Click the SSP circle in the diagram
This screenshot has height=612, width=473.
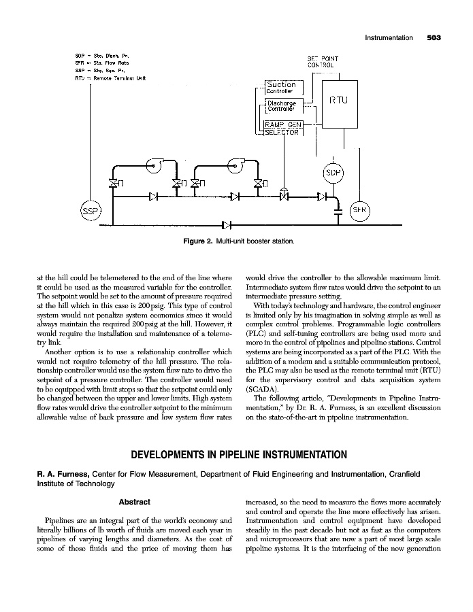tap(90, 211)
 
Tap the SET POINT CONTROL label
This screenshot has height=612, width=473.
tap(323, 62)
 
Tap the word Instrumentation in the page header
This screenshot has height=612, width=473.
tap(389, 38)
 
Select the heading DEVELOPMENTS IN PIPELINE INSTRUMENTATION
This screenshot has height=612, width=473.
tap(236, 454)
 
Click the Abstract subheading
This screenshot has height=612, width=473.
tap(134, 502)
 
